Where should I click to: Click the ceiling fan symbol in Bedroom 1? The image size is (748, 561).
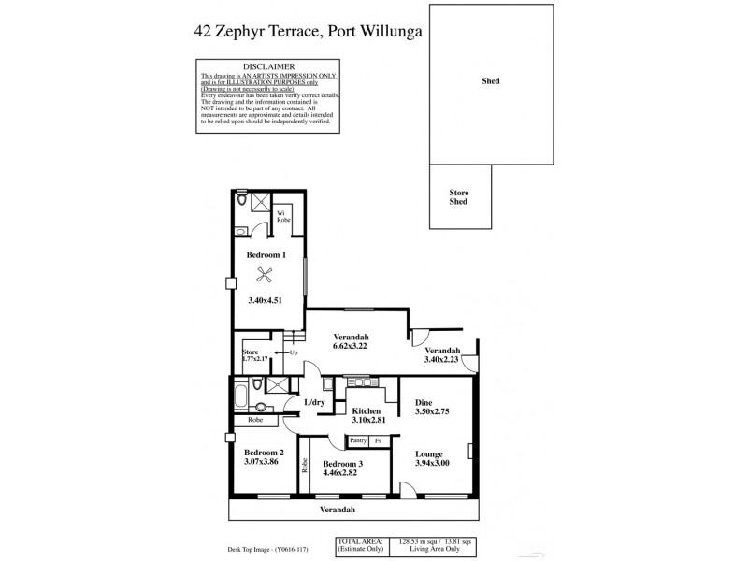265,274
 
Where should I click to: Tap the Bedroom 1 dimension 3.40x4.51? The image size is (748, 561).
265,301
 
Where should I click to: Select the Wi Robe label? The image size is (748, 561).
280,217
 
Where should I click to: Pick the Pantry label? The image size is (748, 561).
358,440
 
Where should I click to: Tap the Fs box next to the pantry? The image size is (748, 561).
379,440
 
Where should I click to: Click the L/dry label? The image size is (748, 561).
314,402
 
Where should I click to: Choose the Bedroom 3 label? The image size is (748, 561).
343,464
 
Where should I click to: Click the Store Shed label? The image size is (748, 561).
458,197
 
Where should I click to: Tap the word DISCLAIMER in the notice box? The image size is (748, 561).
269,67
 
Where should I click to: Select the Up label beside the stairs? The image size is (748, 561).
293,352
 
